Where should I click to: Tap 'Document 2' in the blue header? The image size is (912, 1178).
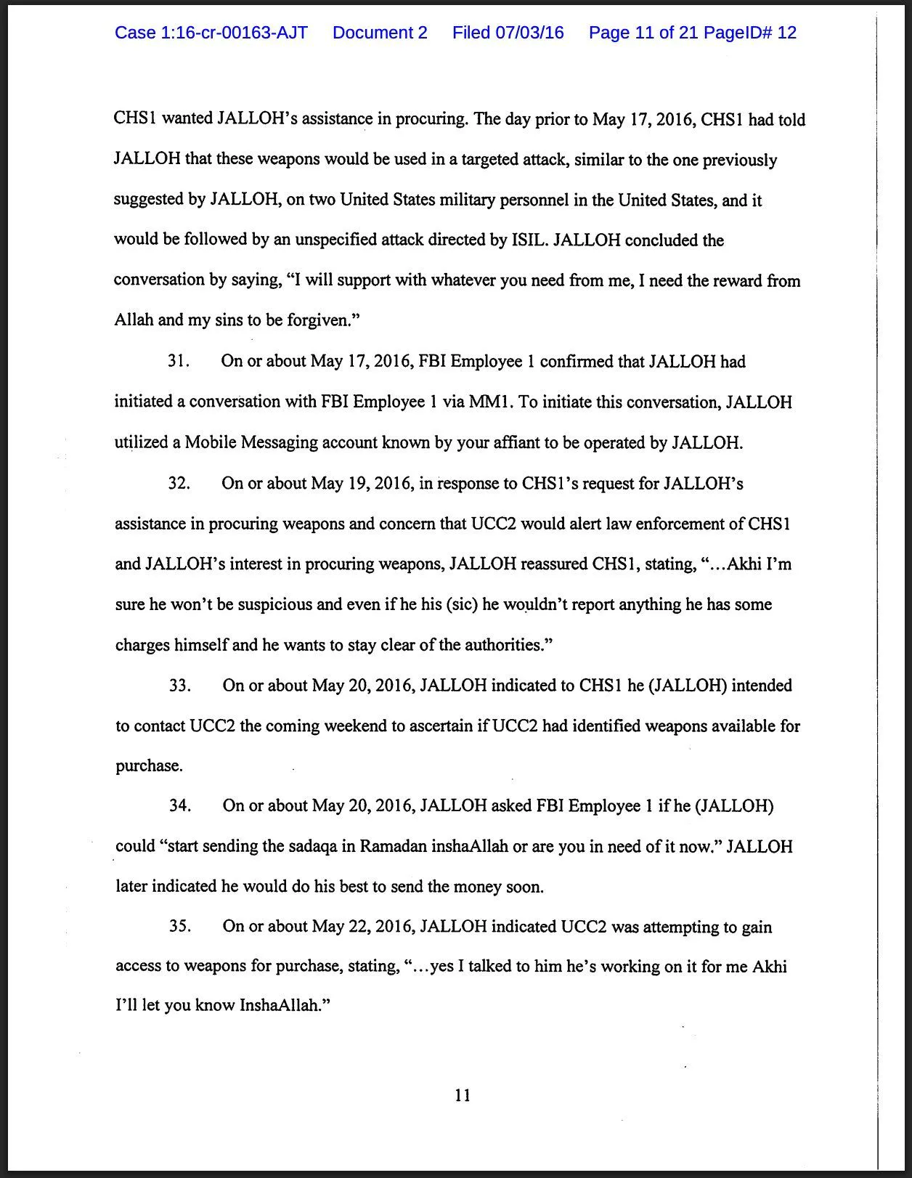(380, 33)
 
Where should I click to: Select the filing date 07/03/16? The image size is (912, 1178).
(529, 33)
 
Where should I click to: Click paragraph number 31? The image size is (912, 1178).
(178, 361)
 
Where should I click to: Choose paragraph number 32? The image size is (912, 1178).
(179, 483)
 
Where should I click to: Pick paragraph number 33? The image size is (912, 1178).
(179, 685)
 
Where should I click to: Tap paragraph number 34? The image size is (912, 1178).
(179, 805)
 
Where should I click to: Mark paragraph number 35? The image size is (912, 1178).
(179, 926)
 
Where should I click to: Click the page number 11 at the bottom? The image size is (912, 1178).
(463, 1095)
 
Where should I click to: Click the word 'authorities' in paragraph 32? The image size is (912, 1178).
(504, 645)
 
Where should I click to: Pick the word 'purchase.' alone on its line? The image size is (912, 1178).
(149, 765)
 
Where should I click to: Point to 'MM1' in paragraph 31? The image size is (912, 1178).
(490, 402)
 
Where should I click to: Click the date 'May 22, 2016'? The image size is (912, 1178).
(362, 927)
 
